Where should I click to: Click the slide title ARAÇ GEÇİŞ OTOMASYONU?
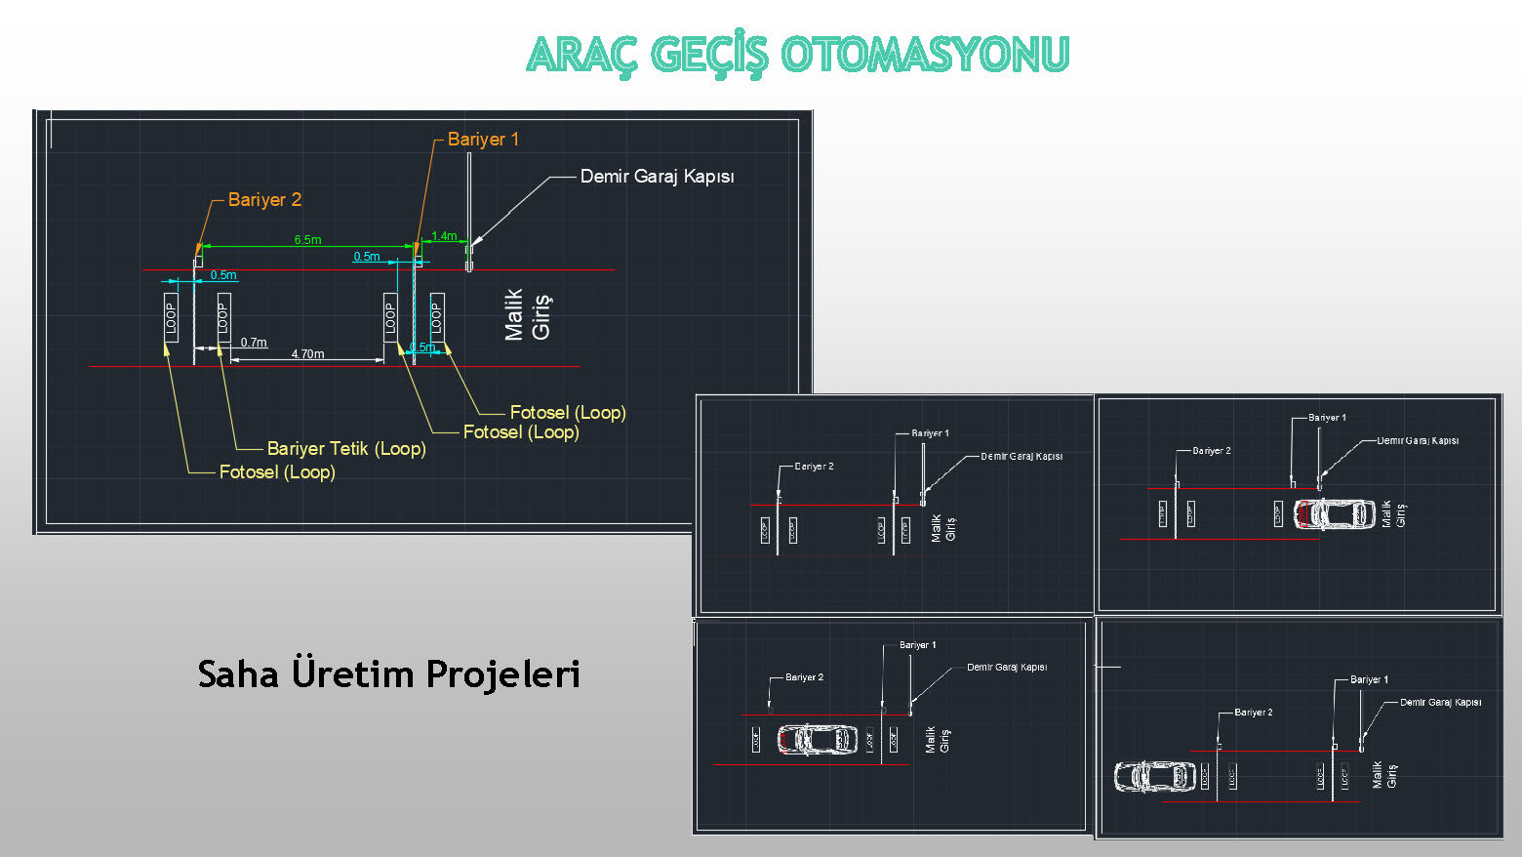point(798,55)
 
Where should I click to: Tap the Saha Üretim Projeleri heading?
point(388,673)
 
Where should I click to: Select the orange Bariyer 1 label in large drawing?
point(483,140)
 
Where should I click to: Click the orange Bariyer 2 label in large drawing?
point(264,200)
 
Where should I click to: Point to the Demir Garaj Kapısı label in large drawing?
point(657,177)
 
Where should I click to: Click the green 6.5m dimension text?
point(307,239)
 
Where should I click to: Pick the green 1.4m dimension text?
point(444,236)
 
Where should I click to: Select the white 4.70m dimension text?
point(307,354)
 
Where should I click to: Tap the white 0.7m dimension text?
point(254,343)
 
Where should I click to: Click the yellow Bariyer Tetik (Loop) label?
point(346,449)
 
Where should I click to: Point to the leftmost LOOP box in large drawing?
point(171,317)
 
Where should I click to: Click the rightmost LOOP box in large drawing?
point(436,317)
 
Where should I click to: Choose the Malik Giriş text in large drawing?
point(528,314)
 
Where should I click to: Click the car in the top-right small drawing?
point(1334,513)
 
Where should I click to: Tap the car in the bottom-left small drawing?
point(817,739)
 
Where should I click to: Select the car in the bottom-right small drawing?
point(1154,777)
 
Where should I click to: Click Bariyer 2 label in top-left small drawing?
point(814,467)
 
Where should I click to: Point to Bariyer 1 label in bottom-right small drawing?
point(1369,679)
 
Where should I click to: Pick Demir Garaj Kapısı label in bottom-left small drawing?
point(1006,668)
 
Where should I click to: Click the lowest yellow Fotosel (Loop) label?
point(277,472)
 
